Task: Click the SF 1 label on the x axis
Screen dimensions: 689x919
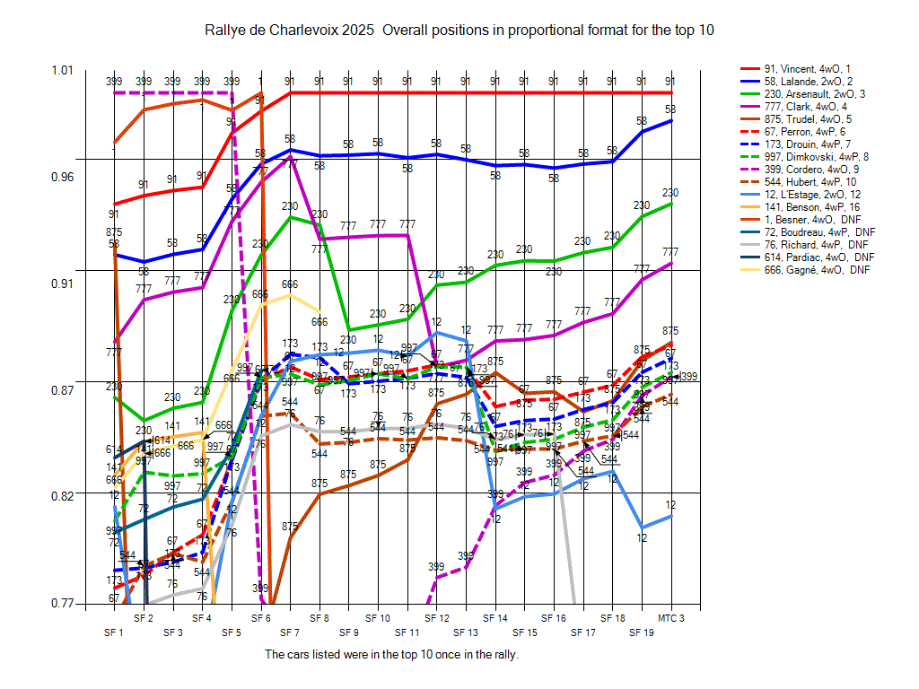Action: pyautogui.click(x=114, y=632)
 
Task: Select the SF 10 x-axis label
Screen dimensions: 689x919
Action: pyautogui.click(x=378, y=619)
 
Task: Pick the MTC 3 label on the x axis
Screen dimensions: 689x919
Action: pyautogui.click(x=671, y=619)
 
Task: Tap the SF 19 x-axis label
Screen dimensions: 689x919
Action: pyautogui.click(x=642, y=632)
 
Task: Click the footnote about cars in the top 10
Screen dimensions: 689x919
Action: pyautogui.click(x=392, y=654)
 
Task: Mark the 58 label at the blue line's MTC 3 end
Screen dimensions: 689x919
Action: pyautogui.click(x=670, y=109)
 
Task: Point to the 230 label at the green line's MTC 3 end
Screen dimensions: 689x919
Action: pyautogui.click(x=670, y=193)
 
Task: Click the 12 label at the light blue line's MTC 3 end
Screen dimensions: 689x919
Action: pyautogui.click(x=670, y=505)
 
